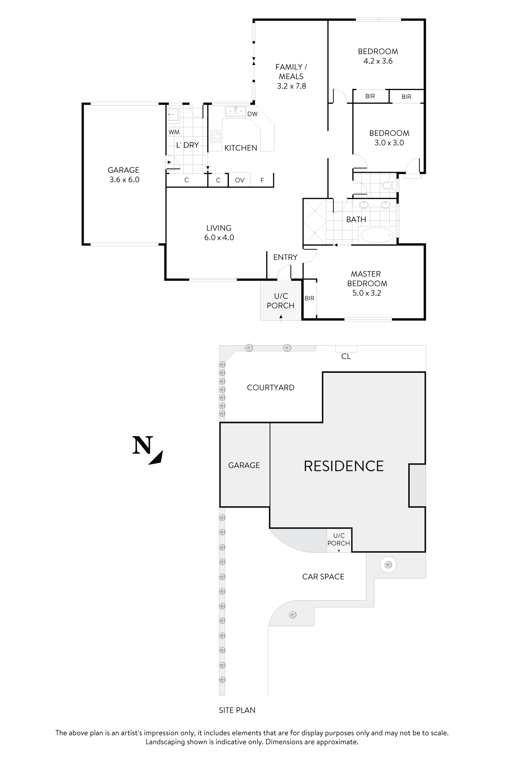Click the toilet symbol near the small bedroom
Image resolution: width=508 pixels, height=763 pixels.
(x=388, y=185)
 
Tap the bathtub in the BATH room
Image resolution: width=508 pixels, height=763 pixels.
(x=377, y=235)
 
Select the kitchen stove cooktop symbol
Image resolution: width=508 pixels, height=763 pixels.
(x=215, y=136)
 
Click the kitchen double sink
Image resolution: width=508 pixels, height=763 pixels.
(x=235, y=111)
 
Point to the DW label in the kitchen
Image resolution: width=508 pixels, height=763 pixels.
(x=253, y=114)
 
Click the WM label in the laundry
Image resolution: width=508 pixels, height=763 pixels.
(x=174, y=132)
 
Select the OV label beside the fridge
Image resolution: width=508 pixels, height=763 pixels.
(x=239, y=180)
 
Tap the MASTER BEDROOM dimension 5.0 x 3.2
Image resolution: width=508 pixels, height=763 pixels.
(x=366, y=293)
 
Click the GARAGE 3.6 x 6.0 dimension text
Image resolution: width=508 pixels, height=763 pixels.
(x=124, y=180)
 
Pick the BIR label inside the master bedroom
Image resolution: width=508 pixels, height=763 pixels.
(x=309, y=298)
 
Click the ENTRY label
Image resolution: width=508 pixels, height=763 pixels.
(x=285, y=257)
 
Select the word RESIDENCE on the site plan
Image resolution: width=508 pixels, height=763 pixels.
(x=343, y=466)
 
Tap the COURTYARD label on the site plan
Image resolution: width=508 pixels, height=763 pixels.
(x=270, y=388)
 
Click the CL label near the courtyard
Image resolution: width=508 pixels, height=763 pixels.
(x=346, y=357)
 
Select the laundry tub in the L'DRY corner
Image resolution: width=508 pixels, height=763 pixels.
(x=173, y=114)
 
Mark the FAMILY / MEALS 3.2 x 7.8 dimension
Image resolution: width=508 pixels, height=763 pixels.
(x=291, y=86)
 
